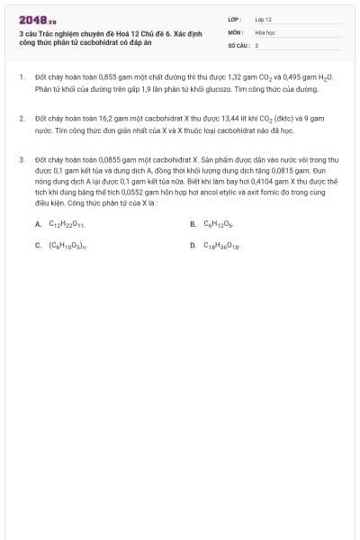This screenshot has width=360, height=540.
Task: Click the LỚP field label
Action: pos(234,18)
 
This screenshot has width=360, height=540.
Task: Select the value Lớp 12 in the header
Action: pos(264,18)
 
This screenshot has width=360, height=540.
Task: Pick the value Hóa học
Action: pos(265,31)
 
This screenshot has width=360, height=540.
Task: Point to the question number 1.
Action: pos(21,78)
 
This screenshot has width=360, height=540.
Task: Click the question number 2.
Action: pos(21,119)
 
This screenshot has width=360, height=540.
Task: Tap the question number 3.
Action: pos(21,159)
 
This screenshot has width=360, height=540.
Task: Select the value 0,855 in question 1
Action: pos(100,78)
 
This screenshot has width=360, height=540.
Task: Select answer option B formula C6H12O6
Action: pos(219,224)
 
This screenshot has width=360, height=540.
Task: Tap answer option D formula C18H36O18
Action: pos(221,244)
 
